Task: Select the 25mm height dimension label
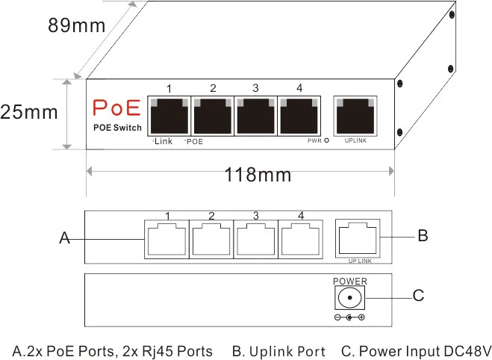click(28, 113)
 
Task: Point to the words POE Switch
click(117, 128)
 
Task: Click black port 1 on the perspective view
click(169, 116)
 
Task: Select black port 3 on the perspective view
click(255, 116)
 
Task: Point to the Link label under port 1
click(163, 140)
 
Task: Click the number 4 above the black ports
click(299, 88)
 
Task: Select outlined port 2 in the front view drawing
click(211, 240)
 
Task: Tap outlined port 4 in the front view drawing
click(300, 240)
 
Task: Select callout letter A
click(65, 239)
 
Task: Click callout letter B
click(423, 236)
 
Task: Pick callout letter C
click(419, 296)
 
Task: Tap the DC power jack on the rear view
click(349, 299)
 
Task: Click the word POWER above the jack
click(350, 281)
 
